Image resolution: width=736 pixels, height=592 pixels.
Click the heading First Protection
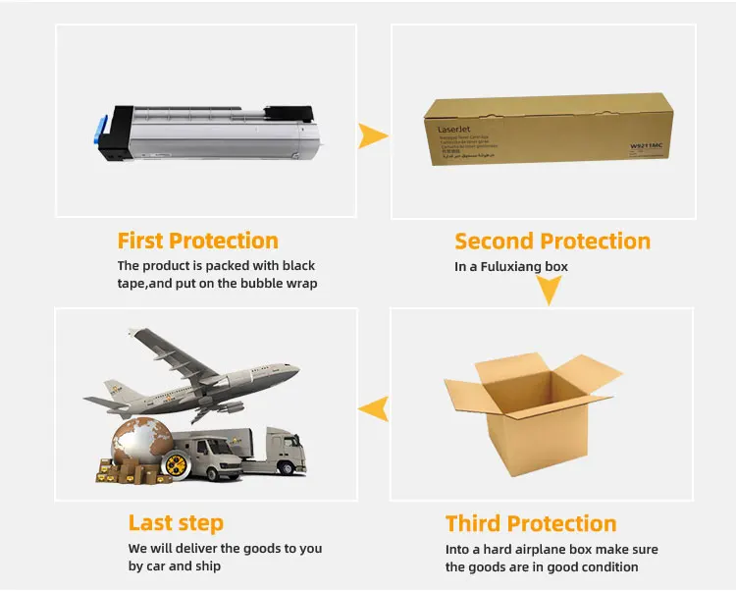coord(197,241)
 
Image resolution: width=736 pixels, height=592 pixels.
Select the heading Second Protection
coord(552,242)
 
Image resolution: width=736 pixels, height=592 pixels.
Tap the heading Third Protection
coord(531,523)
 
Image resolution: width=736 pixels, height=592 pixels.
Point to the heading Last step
coord(176,522)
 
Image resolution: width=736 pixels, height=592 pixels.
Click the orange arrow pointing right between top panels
coord(372,136)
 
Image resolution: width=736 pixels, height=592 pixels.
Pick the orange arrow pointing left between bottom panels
coord(371,408)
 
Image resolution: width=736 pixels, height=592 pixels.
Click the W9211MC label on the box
coord(649,147)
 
